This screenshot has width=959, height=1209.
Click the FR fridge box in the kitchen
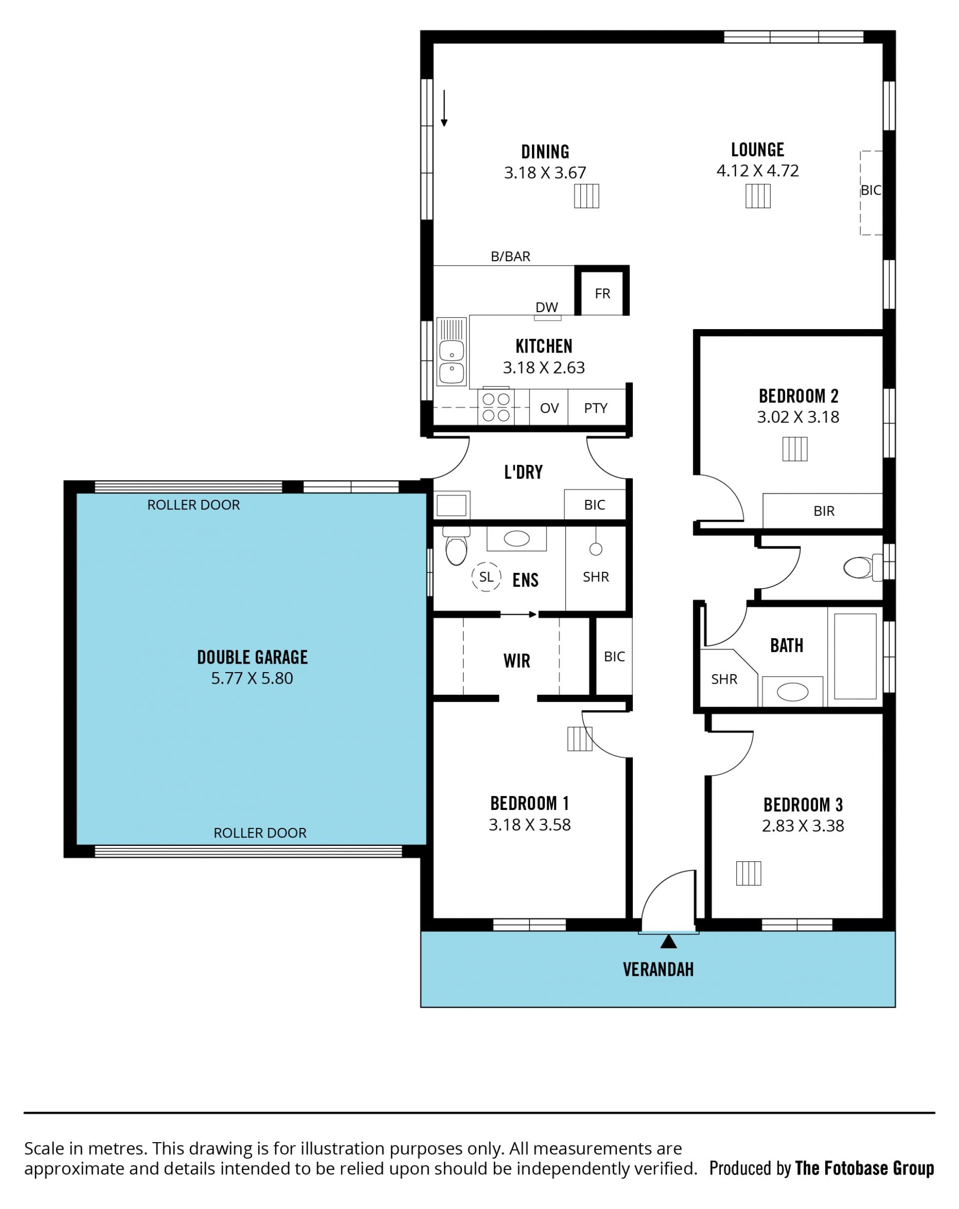[602, 291]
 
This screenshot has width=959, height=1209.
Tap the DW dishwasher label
[546, 307]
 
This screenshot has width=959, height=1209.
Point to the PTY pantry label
[595, 407]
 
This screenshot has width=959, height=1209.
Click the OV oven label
[549, 407]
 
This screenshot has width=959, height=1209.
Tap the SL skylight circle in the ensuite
[485, 576]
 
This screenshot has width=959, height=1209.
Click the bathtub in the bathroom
[855, 656]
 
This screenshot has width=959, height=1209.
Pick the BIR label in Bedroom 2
[824, 511]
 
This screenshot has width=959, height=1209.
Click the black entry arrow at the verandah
[668, 941]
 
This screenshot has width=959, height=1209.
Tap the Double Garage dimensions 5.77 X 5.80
[252, 679]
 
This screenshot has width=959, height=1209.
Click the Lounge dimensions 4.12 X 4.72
[758, 170]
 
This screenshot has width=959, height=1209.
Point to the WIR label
[516, 661]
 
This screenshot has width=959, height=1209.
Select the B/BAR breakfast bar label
[510, 256]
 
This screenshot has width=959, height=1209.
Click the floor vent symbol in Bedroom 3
[748, 873]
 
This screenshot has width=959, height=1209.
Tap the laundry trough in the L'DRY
[452, 505]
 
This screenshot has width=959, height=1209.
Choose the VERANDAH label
[658, 970]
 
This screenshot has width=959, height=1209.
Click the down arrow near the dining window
[444, 108]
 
